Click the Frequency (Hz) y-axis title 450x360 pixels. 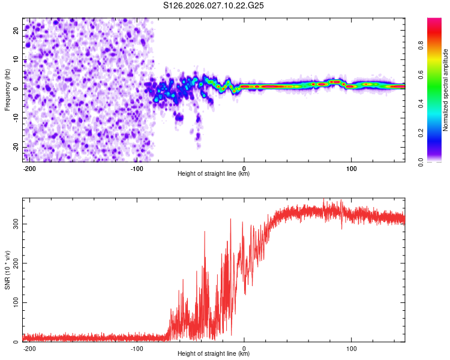7,89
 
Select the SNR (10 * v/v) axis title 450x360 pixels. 7,269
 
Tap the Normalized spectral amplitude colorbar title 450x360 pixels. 445,90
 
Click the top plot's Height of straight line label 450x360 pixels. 214,173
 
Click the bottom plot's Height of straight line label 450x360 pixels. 214,353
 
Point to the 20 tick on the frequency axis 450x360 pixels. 16,32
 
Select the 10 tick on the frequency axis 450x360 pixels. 16,61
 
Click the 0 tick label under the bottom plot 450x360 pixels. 244,347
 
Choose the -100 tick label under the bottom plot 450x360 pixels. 137,347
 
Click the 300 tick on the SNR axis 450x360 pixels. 14,223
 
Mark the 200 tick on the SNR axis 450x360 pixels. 14,263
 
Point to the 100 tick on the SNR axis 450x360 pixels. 14,302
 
